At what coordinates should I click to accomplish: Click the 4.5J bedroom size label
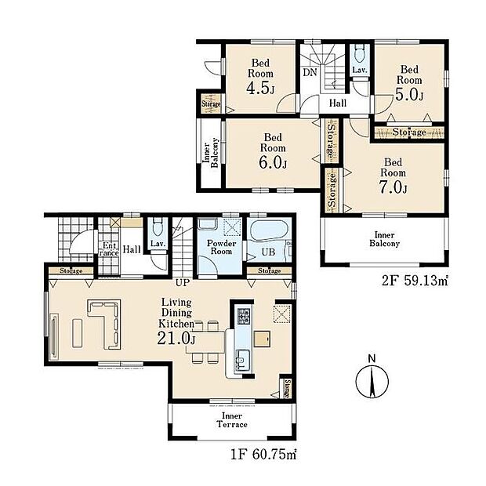[x=261, y=89]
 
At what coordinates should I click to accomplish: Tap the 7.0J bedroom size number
[x=394, y=187]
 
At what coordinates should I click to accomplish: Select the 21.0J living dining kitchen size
[x=176, y=338]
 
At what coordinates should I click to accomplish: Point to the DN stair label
[x=310, y=72]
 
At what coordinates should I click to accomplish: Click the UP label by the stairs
[x=183, y=283]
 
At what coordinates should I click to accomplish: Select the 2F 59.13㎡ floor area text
[x=415, y=281]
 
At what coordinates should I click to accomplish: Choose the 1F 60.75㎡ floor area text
[x=263, y=455]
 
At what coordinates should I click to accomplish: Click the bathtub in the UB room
[x=269, y=230]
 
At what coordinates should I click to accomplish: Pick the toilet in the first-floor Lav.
[x=158, y=227]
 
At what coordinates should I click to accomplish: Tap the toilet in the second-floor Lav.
[x=360, y=53]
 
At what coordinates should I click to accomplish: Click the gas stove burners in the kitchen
[x=243, y=316]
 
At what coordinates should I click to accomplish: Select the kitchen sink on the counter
[x=243, y=360]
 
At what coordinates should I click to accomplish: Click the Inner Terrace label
[x=232, y=420]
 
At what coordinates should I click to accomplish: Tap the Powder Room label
[x=221, y=247]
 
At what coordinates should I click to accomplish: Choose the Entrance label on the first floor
[x=110, y=249]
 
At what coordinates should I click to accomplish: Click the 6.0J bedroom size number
[x=273, y=162]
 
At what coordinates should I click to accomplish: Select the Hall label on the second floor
[x=338, y=103]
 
